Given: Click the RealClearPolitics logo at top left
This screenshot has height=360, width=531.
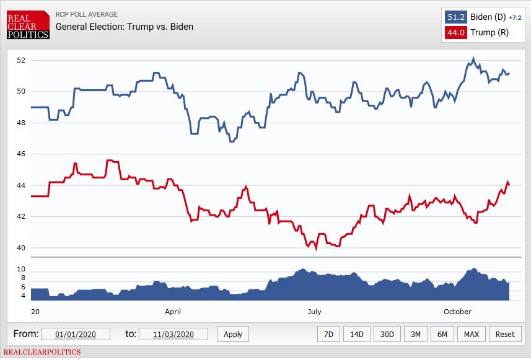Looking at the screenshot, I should [27, 24].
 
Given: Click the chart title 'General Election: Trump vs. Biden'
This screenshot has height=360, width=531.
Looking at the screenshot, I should [124, 27].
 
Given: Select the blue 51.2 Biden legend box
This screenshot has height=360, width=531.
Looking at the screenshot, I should [455, 17].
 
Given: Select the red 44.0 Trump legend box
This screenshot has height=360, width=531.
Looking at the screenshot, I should [455, 33].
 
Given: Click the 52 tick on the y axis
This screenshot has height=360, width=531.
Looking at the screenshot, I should [20, 60].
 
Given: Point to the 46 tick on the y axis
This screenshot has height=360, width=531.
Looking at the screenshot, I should [20, 154].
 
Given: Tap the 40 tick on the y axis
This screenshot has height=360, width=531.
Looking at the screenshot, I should [20, 248].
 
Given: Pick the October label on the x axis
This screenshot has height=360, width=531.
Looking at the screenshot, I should [457, 312].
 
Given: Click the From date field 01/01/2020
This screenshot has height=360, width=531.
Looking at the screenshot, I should [76, 334].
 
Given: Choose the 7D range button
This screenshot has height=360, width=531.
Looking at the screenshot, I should [328, 334].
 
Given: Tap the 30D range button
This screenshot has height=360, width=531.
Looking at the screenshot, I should [387, 334].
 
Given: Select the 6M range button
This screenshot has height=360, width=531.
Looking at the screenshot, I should [442, 334].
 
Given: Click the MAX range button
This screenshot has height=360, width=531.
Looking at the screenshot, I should [472, 334].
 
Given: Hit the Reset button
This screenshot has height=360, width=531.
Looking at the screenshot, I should [505, 334].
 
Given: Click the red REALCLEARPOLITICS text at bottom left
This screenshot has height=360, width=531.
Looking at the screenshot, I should [42, 352].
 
